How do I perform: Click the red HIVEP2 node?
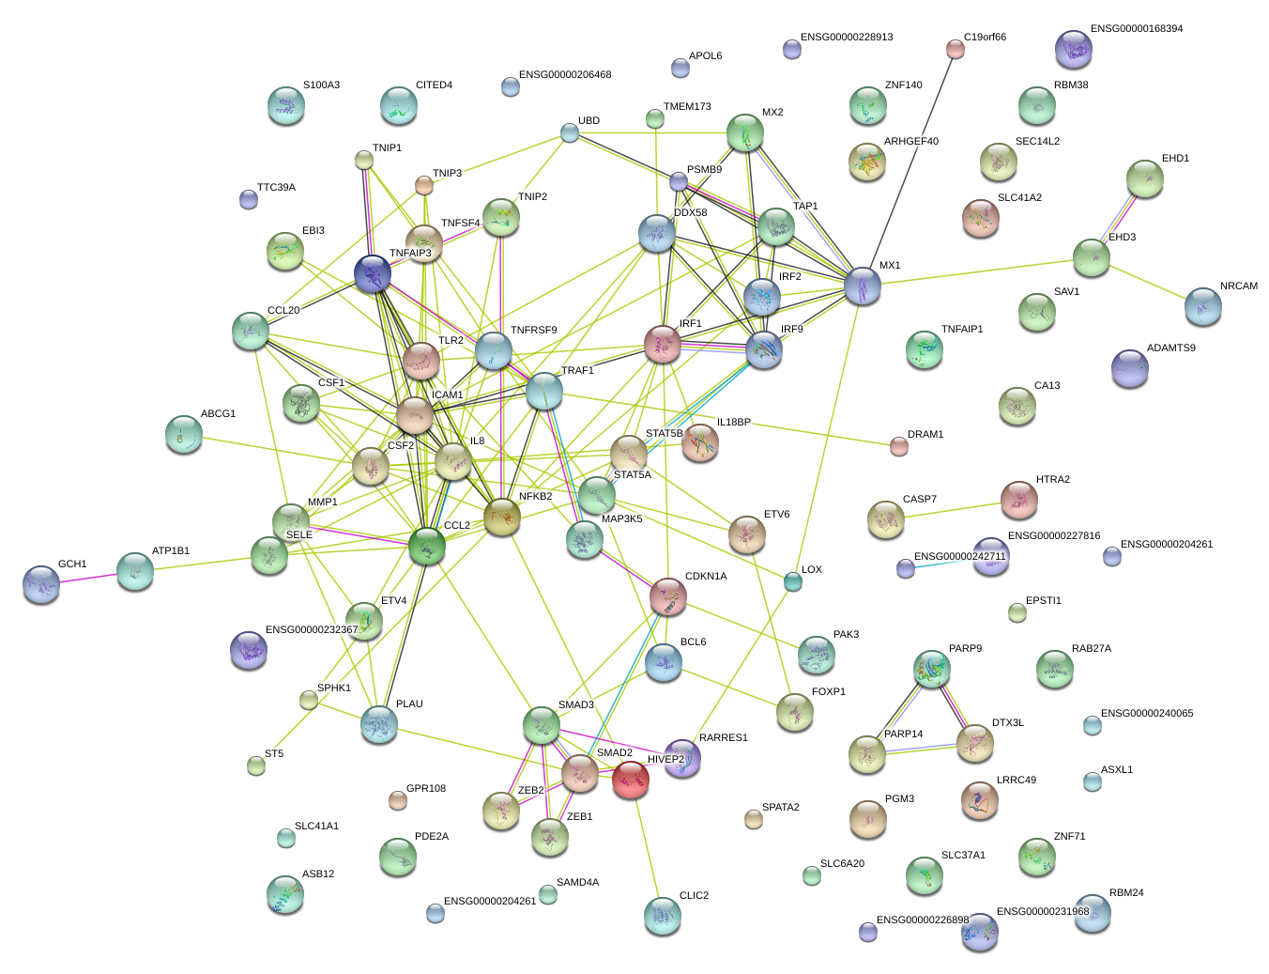(630, 779)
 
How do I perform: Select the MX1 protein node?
(863, 286)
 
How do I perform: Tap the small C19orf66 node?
(955, 49)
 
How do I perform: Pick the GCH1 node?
(40, 583)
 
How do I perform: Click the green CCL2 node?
(427, 546)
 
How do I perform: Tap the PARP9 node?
(931, 668)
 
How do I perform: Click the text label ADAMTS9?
(1170, 348)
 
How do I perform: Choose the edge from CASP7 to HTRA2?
(952, 510)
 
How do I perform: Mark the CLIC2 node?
(663, 916)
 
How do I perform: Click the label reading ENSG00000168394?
(1136, 29)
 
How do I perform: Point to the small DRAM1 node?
(899, 446)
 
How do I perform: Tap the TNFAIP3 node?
(373, 273)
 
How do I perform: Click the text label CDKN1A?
(706, 577)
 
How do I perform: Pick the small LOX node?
(793, 582)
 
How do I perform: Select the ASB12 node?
(284, 894)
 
